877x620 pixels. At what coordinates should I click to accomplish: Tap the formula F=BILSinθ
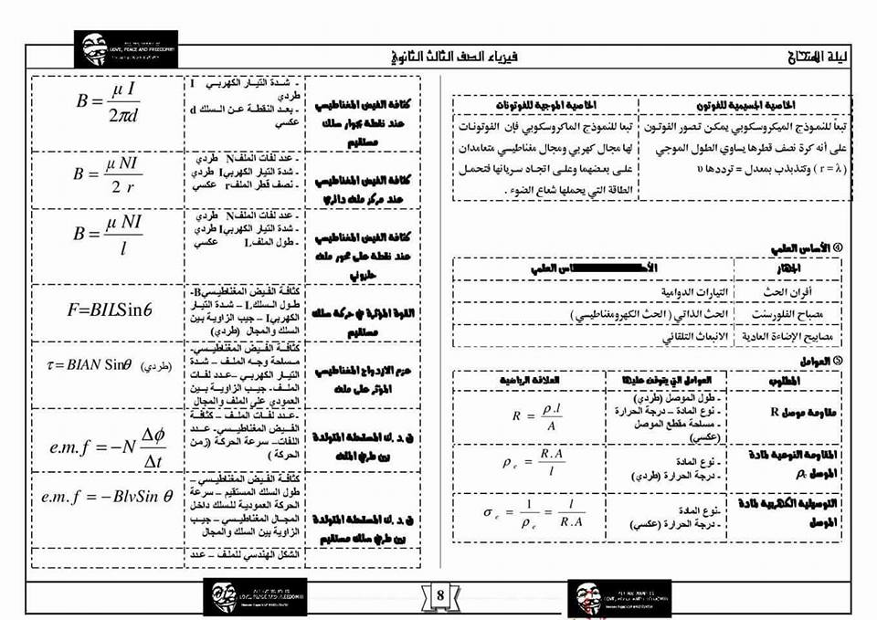[x=109, y=309]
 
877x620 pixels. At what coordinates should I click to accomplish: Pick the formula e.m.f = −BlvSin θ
[x=107, y=498]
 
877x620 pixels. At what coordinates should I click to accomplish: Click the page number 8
[x=439, y=596]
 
